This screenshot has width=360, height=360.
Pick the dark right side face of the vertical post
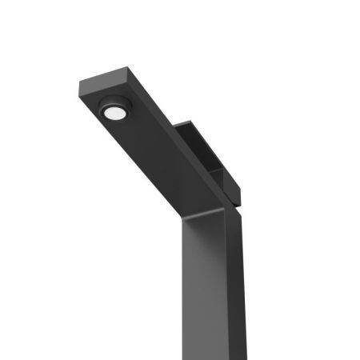click(x=234, y=288)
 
